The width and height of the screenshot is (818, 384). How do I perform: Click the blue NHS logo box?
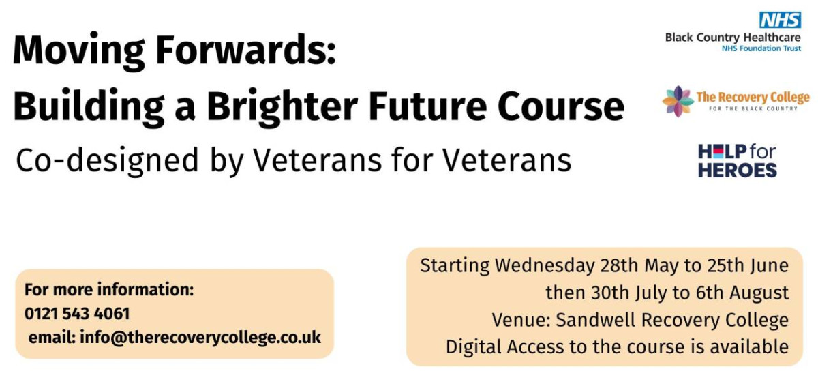point(780,20)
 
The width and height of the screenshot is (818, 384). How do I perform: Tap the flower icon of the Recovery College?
point(678,101)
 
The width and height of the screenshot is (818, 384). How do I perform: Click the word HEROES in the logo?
point(738,171)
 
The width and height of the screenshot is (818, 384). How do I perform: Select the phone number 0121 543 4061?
point(77,314)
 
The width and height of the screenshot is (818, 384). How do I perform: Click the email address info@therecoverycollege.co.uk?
point(200,337)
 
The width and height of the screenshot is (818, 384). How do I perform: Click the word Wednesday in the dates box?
point(545,265)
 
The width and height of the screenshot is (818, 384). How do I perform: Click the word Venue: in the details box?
point(521,320)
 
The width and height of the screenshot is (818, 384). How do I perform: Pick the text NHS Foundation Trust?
point(761,48)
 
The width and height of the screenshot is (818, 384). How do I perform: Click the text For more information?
point(109,289)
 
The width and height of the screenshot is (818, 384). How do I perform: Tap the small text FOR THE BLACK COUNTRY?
point(753,108)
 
